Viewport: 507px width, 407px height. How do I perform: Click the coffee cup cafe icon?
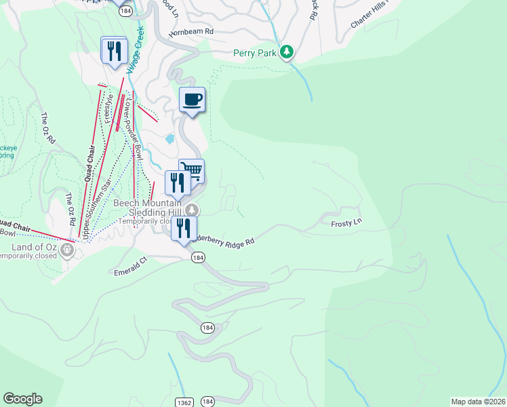tap(192, 100)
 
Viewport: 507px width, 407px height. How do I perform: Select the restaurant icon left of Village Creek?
tap(114, 50)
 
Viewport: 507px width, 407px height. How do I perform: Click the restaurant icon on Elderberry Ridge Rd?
tap(184, 228)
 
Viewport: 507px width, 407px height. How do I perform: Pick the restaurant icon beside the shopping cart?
tap(178, 183)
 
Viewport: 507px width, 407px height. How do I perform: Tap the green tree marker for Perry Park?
tap(287, 52)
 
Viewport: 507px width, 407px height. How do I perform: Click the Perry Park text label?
tap(254, 52)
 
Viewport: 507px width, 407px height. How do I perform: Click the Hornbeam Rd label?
tap(191, 32)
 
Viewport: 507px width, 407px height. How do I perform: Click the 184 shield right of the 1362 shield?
tap(208, 402)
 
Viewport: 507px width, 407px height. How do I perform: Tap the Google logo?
tap(22, 399)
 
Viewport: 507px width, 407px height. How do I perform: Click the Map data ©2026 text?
tap(478, 402)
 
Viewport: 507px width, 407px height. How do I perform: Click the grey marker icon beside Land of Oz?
tap(66, 251)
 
